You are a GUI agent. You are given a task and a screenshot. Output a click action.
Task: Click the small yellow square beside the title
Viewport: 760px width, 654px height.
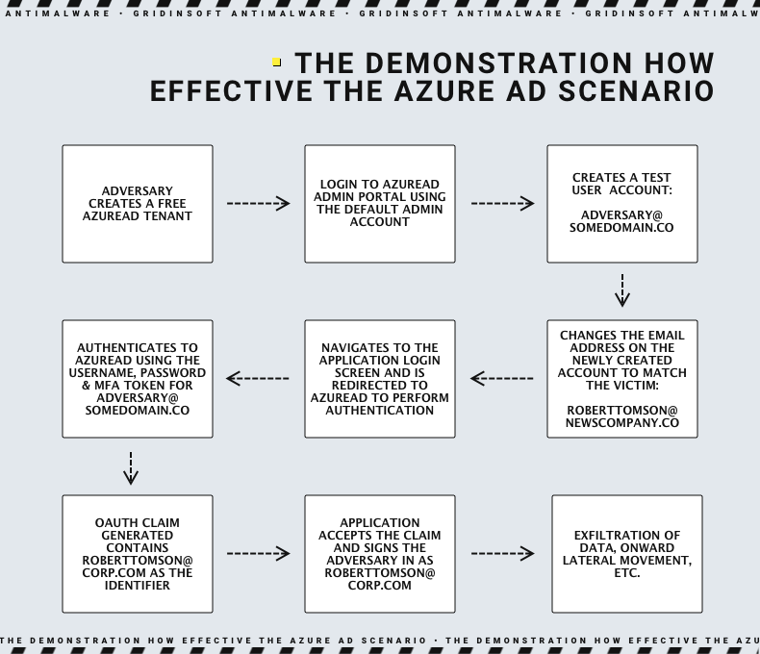point(277,62)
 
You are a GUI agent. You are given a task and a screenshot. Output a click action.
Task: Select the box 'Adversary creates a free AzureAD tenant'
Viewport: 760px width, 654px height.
point(138,204)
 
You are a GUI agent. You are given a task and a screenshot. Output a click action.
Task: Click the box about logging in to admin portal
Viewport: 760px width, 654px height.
point(380,204)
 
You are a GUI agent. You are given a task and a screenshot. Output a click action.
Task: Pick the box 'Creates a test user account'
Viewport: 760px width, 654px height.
point(622,204)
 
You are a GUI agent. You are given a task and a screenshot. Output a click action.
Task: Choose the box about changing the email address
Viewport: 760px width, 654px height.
point(622,379)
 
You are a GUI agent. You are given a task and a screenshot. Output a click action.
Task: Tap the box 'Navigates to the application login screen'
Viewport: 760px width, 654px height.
point(380,379)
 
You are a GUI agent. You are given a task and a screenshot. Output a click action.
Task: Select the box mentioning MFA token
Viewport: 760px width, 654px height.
point(138,379)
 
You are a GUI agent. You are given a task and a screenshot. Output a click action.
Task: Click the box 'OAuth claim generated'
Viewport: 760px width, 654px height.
point(138,554)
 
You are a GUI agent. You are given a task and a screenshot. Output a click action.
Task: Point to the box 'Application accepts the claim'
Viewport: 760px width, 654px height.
point(380,554)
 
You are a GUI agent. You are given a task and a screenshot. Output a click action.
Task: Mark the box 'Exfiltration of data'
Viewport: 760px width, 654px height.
point(627,554)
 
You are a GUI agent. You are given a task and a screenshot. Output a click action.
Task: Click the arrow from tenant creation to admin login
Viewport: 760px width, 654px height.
point(259,204)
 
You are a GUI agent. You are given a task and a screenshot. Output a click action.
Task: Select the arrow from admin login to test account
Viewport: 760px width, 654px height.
point(502,204)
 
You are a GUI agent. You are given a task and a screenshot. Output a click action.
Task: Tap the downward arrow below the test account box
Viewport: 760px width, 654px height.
point(622,290)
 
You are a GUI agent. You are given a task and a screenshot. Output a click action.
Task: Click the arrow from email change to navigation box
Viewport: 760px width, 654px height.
point(501,378)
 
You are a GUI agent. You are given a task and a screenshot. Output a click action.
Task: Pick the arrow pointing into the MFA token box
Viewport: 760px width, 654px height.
point(258,378)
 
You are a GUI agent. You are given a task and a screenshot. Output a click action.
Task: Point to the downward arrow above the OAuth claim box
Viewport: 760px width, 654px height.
point(131,468)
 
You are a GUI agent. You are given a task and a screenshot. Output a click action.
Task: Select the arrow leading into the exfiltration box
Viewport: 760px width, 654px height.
point(502,553)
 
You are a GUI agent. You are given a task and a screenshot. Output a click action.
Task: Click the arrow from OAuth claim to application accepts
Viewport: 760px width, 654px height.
point(259,553)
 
